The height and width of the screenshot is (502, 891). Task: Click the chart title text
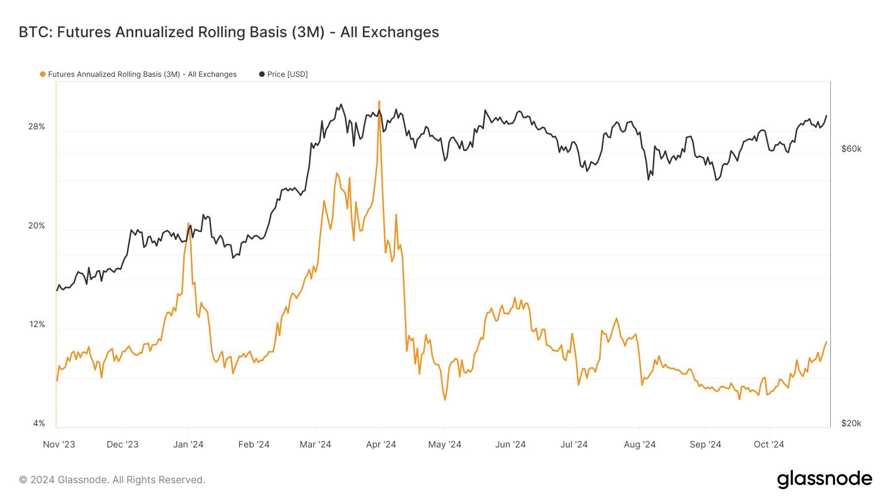pyautogui.click(x=229, y=32)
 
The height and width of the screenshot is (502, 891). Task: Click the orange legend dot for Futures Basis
pyautogui.click(x=43, y=74)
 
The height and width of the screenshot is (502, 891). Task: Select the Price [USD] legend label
pyautogui.click(x=287, y=74)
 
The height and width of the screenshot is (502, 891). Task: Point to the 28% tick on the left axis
pyautogui.click(x=36, y=127)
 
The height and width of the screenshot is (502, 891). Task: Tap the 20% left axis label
pyautogui.click(x=36, y=226)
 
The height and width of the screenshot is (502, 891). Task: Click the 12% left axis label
pyautogui.click(x=37, y=325)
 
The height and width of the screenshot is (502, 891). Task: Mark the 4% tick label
pyautogui.click(x=39, y=423)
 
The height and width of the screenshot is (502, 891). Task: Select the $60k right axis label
pyautogui.click(x=851, y=149)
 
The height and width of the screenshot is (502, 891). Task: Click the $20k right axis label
pyautogui.click(x=851, y=423)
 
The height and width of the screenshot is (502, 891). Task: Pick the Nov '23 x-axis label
pyautogui.click(x=59, y=445)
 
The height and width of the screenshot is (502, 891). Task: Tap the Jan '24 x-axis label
pyautogui.click(x=188, y=445)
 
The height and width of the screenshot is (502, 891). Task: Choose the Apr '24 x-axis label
pyautogui.click(x=381, y=445)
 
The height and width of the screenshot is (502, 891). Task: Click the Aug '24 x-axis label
pyautogui.click(x=640, y=445)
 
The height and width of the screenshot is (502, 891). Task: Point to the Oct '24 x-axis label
pyautogui.click(x=769, y=445)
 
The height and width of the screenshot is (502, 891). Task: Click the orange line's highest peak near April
pyautogui.click(x=379, y=102)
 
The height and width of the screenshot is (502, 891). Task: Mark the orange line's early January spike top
pyautogui.click(x=188, y=223)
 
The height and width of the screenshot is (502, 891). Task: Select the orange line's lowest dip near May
pyautogui.click(x=445, y=399)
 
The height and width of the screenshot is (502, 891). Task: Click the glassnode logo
pyautogui.click(x=824, y=479)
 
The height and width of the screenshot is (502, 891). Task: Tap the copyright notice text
pyautogui.click(x=112, y=480)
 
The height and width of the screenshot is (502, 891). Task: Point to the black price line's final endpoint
pyautogui.click(x=826, y=116)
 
